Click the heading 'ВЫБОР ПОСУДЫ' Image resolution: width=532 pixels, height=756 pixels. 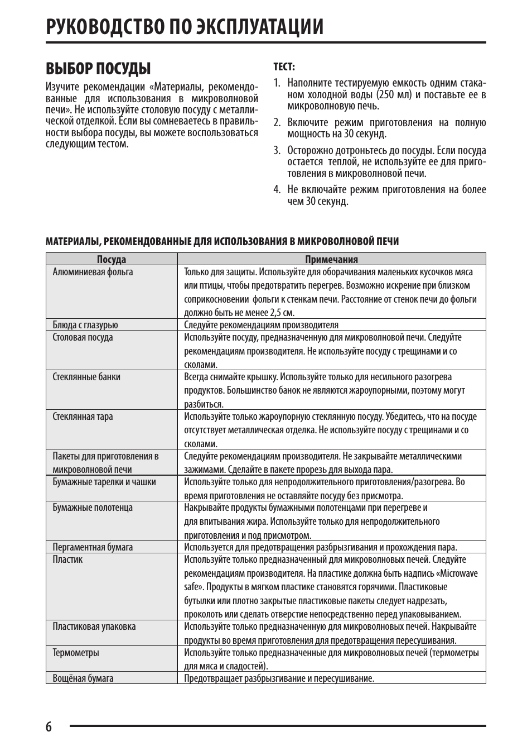pos(98,69)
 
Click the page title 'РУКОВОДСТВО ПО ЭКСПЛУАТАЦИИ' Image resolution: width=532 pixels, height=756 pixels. pos(185,26)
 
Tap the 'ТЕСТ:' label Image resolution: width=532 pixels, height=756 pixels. pos(284,67)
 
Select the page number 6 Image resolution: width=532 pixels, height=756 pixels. pos(49,726)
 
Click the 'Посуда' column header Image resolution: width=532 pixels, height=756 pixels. pos(112,259)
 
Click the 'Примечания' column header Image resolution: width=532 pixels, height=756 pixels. pos(331,259)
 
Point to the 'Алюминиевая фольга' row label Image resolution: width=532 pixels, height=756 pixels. pos(93,272)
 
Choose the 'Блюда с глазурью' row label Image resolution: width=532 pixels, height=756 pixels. pos(85,325)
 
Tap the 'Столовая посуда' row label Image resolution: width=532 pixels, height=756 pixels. pos(83,337)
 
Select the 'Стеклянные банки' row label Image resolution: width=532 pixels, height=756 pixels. pos(86,377)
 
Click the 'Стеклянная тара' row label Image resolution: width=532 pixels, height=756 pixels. pos(83,417)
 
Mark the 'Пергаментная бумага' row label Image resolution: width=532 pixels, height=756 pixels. pos(93,547)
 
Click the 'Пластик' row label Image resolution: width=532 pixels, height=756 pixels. pos(67,559)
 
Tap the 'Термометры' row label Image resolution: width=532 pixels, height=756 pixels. pos(76,653)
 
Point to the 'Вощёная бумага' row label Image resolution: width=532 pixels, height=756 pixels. pos(83,678)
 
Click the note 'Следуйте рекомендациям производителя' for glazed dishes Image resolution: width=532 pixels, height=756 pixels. pos(261,325)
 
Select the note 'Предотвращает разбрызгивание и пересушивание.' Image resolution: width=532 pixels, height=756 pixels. pos(279,678)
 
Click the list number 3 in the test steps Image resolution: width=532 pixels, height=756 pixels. pos(277,151)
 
